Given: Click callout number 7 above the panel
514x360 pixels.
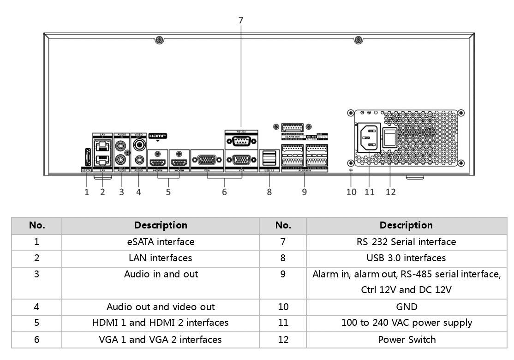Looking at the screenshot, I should (x=240, y=20).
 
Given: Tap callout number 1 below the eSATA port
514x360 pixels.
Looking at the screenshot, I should (x=86, y=192).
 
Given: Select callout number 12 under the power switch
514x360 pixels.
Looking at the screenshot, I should (x=390, y=192).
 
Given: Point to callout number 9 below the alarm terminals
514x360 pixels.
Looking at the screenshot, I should (x=304, y=192).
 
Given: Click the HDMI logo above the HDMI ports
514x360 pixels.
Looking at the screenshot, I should (x=157, y=136).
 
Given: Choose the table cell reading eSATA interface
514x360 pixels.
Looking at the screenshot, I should (x=161, y=241).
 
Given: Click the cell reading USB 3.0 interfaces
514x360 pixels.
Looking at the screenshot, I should (x=406, y=258).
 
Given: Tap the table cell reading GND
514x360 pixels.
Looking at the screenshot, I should (x=406, y=306).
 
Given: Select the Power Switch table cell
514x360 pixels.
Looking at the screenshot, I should (x=406, y=340).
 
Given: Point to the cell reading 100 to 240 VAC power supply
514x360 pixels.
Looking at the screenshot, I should (x=406, y=323).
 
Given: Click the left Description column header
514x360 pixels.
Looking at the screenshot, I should (x=161, y=225).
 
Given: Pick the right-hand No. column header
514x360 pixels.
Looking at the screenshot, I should (x=283, y=225).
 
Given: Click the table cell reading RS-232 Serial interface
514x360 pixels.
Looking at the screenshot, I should (x=406, y=241).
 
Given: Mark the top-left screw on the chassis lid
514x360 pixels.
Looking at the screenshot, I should (x=158, y=40).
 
